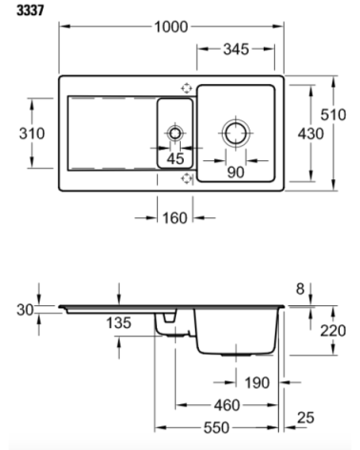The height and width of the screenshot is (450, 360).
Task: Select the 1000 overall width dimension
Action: tap(171, 28)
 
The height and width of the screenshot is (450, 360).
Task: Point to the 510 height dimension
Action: tap(332, 113)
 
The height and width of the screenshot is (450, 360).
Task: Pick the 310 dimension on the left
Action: tap(31, 133)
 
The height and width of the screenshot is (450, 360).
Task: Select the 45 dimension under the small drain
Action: tap(175, 159)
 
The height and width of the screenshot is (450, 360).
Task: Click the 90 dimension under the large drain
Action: tap(235, 172)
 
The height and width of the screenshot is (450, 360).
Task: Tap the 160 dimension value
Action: tap(173, 218)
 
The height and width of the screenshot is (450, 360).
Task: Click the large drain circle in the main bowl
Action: tap(235, 132)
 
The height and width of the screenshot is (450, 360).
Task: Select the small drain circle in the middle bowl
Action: tap(175, 132)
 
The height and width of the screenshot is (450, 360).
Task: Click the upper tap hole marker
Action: tap(186, 86)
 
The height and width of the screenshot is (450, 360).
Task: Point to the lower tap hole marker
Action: tap(186, 177)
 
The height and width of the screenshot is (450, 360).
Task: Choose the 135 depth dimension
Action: tap(118, 323)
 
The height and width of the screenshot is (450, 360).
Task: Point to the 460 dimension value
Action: tap(227, 405)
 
